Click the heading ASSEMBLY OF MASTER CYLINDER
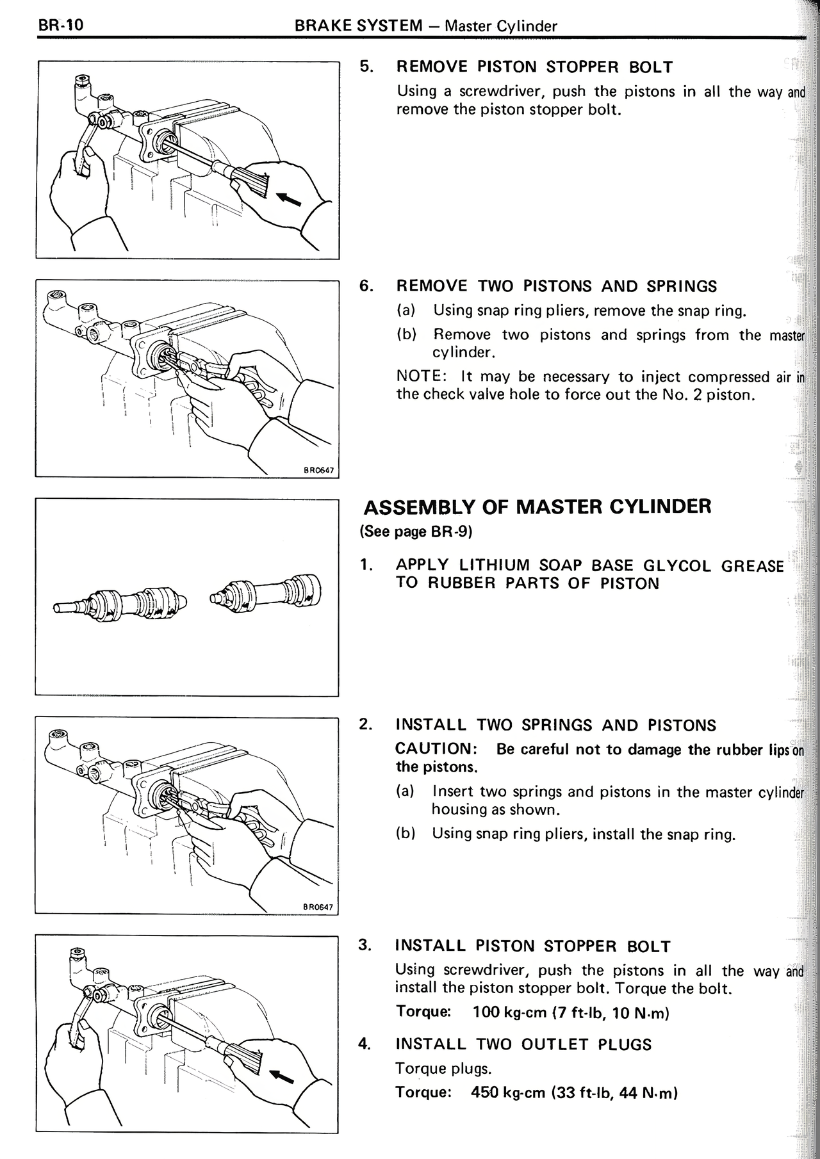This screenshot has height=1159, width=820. (537, 507)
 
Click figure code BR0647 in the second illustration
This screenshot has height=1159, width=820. (318, 471)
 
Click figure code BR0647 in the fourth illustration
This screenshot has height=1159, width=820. (318, 907)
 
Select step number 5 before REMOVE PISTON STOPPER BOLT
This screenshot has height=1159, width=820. (365, 67)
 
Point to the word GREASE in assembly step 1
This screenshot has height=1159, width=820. (751, 566)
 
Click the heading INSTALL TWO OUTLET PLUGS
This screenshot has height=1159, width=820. (523, 1044)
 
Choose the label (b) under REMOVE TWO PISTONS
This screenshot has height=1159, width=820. (407, 335)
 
